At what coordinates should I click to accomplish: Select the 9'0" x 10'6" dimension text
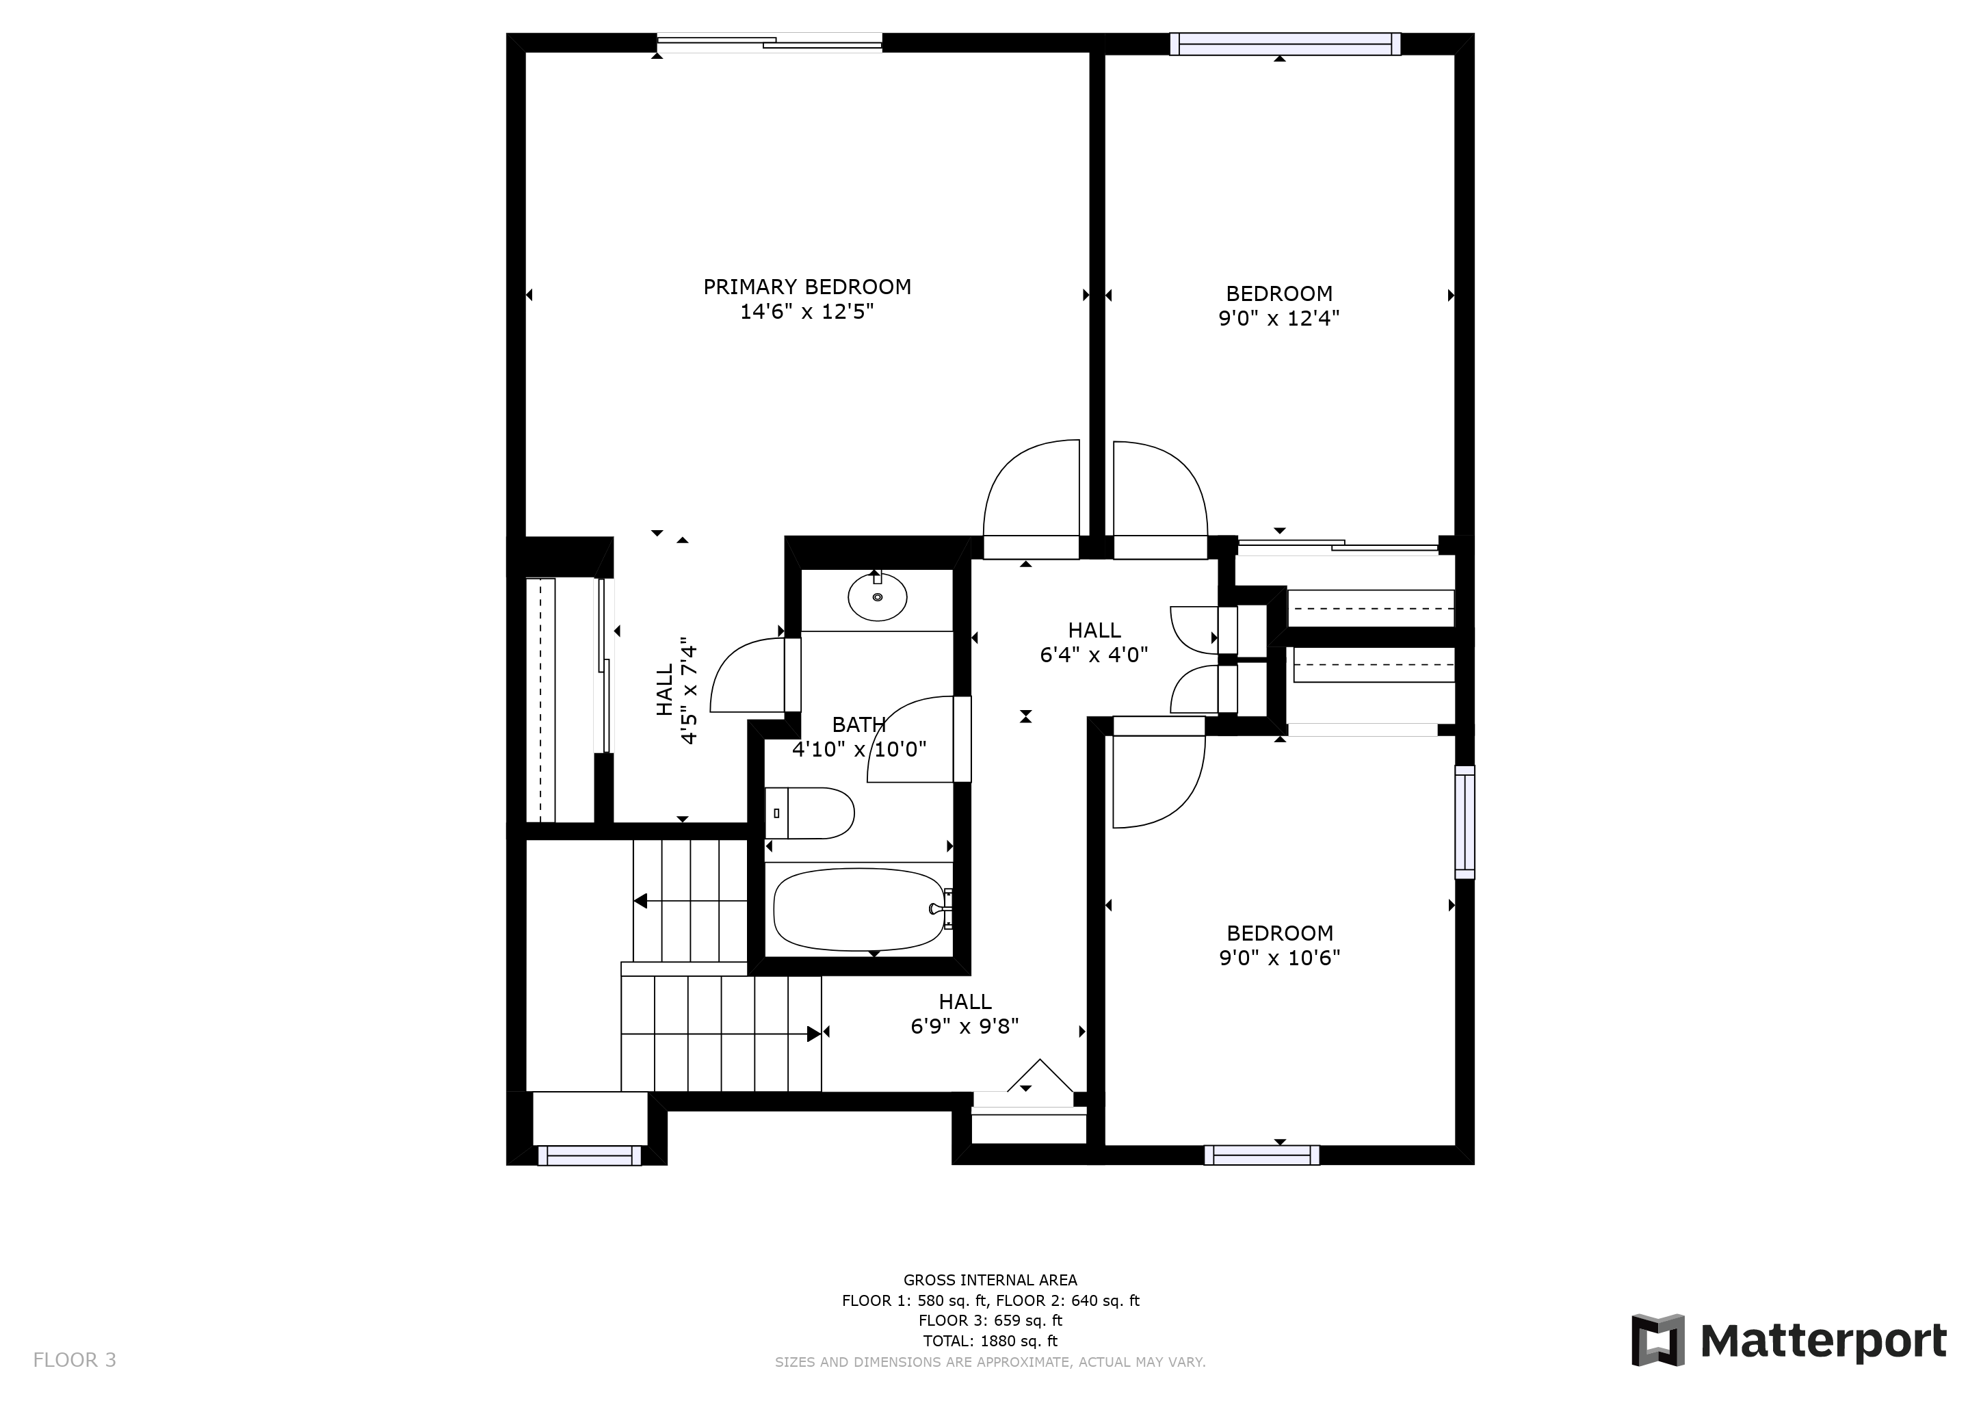[1280, 958]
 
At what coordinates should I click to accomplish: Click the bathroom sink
[878, 596]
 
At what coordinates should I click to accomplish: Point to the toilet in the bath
[809, 813]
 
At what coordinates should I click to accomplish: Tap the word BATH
[858, 724]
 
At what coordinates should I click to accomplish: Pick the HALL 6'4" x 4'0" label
[1094, 643]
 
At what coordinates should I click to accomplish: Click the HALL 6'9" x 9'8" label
[965, 1014]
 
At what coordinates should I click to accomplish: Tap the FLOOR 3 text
[74, 1361]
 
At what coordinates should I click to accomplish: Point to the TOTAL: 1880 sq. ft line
[990, 1341]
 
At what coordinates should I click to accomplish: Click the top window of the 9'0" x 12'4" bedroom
[1285, 44]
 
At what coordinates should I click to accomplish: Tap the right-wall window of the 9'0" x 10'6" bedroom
[1465, 822]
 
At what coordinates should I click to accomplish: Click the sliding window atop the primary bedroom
[770, 42]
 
